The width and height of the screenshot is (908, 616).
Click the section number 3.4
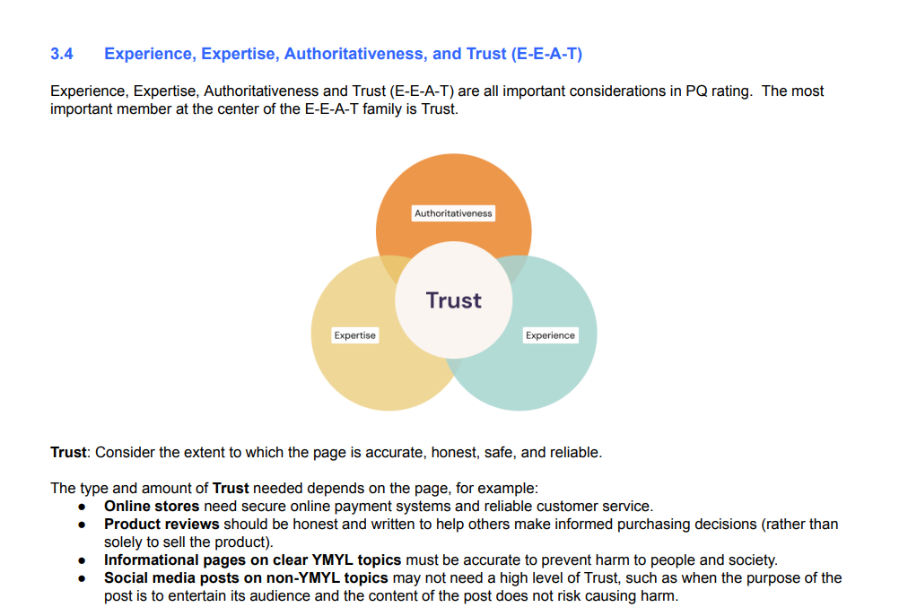(61, 54)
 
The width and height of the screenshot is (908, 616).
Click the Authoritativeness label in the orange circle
(453, 213)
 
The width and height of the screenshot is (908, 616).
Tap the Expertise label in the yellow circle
(355, 335)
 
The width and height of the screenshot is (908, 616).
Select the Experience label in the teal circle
(550, 335)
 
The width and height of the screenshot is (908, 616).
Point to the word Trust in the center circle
(453, 300)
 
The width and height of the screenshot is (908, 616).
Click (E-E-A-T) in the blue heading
(546, 54)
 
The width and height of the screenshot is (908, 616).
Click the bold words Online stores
(152, 506)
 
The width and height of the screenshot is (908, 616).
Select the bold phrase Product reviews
(162, 524)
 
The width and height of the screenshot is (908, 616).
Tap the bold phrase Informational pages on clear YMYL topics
(252, 560)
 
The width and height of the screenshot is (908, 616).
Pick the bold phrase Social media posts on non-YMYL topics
(246, 577)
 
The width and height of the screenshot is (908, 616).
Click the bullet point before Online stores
(83, 508)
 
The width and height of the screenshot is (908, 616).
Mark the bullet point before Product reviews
(83, 525)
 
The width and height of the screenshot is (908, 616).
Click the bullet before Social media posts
(83, 579)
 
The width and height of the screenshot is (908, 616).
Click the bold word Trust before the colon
(68, 452)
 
